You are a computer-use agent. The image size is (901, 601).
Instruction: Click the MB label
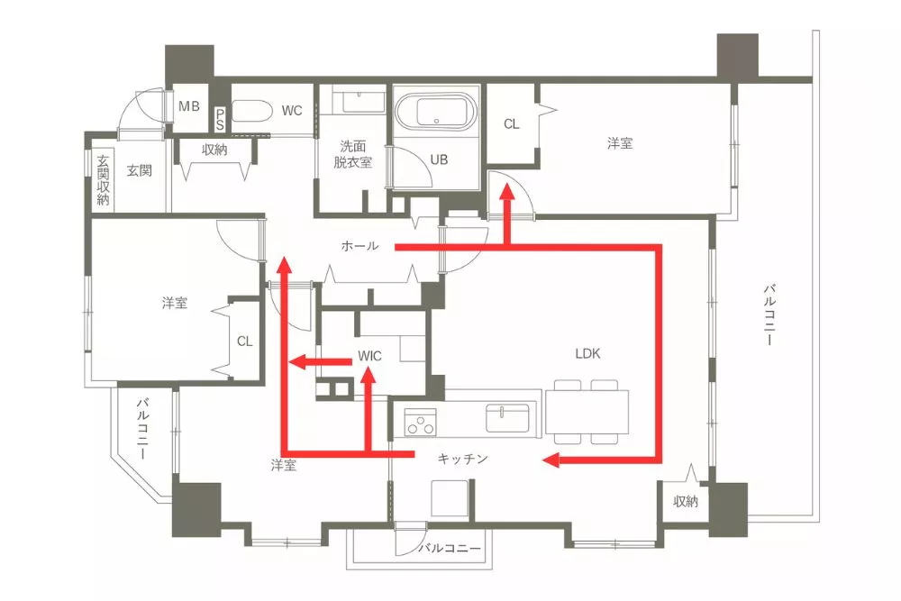tap(189, 106)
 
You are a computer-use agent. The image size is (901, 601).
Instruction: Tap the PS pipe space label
tap(221, 120)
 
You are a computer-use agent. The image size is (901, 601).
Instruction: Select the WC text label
tap(292, 110)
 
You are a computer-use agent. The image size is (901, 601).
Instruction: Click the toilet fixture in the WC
tap(251, 111)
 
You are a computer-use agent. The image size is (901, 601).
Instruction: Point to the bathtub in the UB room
tap(436, 111)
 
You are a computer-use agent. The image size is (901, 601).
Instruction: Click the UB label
tap(439, 159)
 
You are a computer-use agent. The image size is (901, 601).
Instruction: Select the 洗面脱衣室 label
tap(353, 154)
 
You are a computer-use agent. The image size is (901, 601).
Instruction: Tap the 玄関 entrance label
tap(139, 170)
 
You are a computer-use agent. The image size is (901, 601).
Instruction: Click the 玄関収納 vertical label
tap(103, 180)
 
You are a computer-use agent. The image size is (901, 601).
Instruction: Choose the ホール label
tap(359, 246)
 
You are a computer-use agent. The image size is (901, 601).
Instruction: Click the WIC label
tap(369, 356)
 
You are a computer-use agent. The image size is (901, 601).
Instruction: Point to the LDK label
tap(587, 353)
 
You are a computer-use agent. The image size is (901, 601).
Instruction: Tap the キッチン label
tap(462, 459)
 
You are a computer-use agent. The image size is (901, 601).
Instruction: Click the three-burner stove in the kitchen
tap(420, 422)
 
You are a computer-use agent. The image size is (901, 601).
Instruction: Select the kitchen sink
tap(507, 418)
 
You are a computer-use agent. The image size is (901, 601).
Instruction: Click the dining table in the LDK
tap(587, 412)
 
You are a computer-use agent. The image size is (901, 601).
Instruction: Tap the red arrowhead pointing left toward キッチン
tap(551, 460)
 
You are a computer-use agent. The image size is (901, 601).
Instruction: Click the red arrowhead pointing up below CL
tap(506, 191)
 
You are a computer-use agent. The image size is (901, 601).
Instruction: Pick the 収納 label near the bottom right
tap(686, 502)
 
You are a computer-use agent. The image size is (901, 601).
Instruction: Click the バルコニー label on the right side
tap(769, 314)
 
